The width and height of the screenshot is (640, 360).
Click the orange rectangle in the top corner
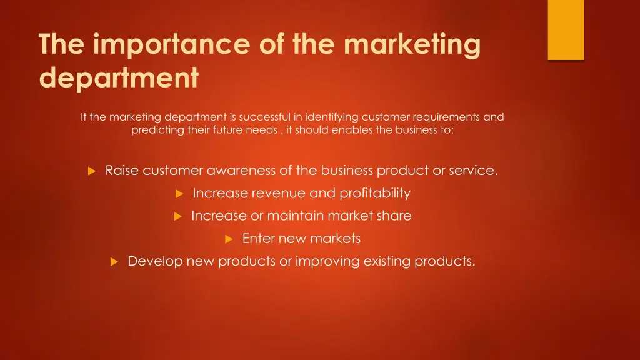pyautogui.click(x=566, y=29)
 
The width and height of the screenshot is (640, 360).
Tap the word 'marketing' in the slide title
pyautogui.click(x=412, y=46)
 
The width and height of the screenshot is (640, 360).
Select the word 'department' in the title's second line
pyautogui.click(x=119, y=78)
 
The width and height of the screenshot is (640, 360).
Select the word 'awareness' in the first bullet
pyautogui.click(x=237, y=171)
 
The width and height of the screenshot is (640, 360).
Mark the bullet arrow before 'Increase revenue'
pyautogui.click(x=179, y=194)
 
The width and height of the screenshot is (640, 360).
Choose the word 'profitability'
pyautogui.click(x=375, y=193)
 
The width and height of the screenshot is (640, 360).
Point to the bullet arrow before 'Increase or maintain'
pyautogui.click(x=177, y=216)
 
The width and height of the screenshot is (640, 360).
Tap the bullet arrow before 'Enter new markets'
pyautogui.click(x=229, y=239)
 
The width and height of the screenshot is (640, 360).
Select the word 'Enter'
pyautogui.click(x=259, y=238)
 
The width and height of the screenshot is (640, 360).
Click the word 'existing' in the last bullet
pyautogui.click(x=383, y=261)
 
